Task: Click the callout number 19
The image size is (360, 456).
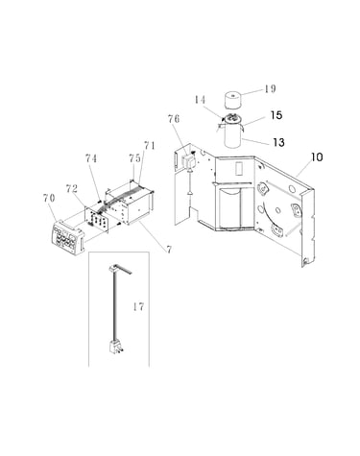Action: [270, 88]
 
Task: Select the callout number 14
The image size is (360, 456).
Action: [200, 100]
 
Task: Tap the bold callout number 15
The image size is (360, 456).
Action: [276, 115]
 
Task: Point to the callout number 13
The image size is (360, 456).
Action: [278, 142]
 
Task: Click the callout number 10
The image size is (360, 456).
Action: [317, 157]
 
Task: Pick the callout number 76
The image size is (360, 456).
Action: [174, 119]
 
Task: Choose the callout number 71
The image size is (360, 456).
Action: [150, 146]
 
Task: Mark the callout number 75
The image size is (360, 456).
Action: [134, 158]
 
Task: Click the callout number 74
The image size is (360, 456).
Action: [91, 158]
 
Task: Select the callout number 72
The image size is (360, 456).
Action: [72, 188]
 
